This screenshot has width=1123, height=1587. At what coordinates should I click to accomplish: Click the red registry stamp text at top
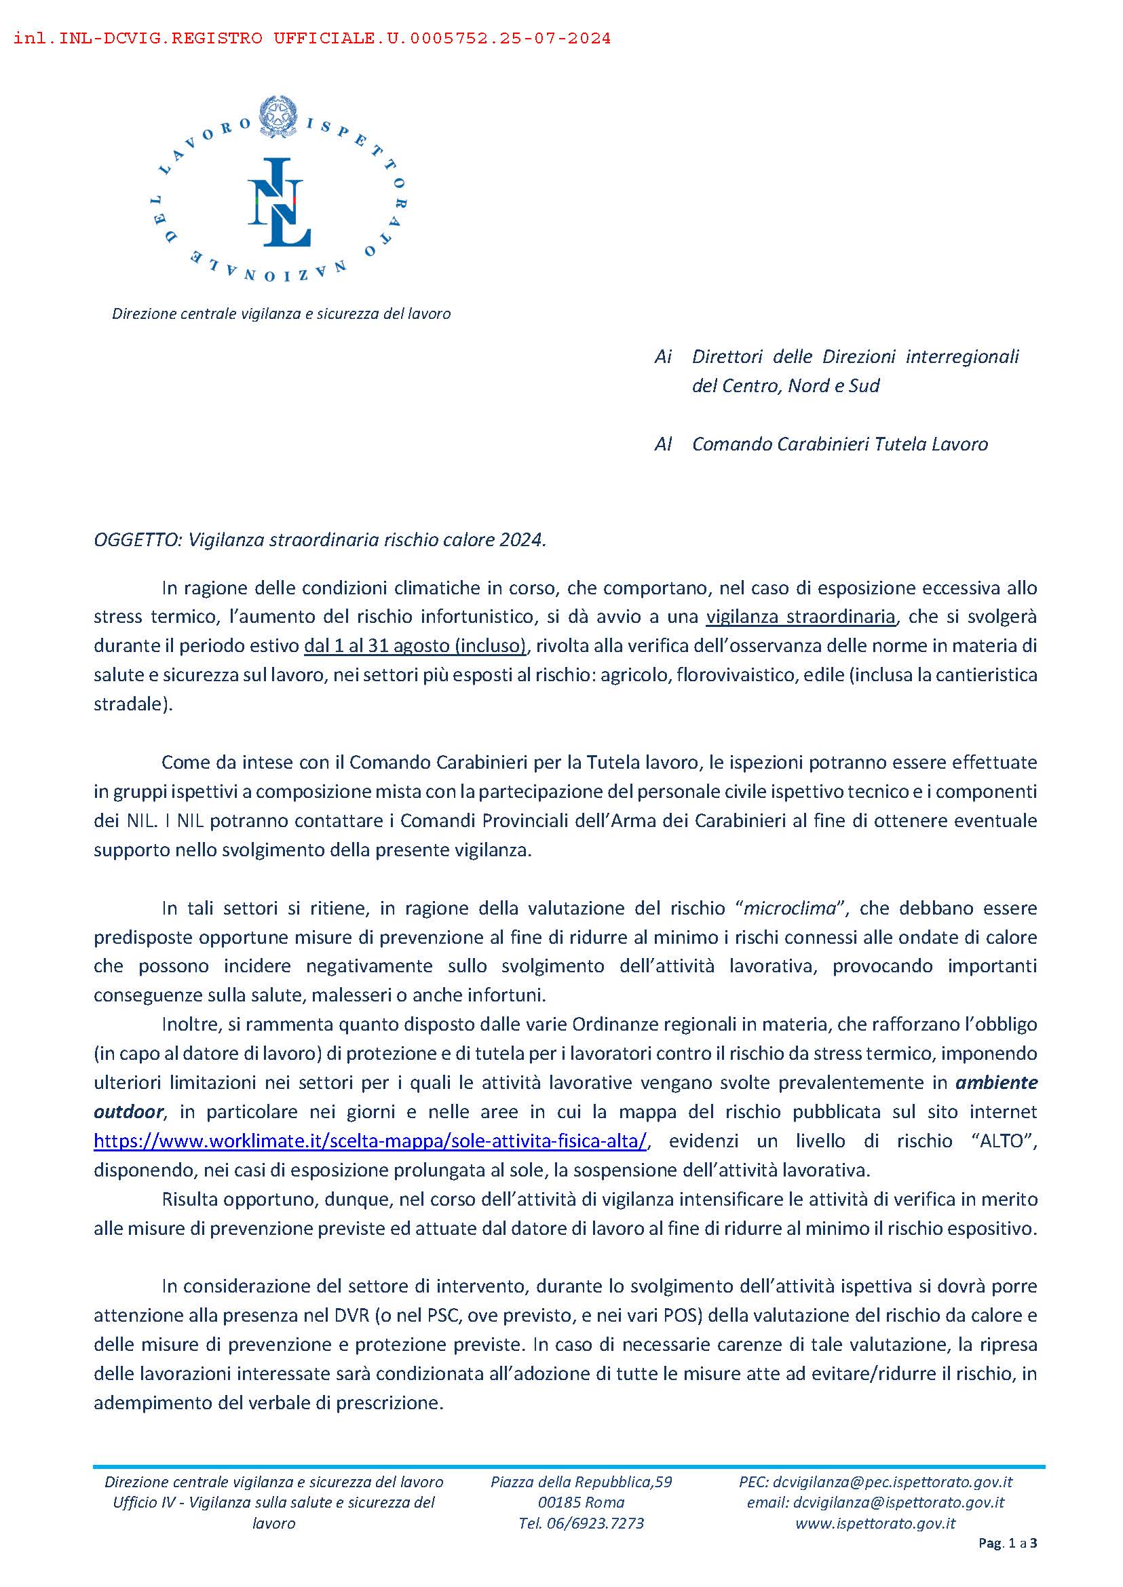[x=312, y=39]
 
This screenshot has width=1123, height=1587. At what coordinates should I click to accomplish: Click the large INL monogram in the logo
[x=280, y=202]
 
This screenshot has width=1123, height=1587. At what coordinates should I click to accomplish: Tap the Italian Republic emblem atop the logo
[x=278, y=115]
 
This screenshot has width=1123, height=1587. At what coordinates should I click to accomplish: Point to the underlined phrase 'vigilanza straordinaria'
[x=801, y=616]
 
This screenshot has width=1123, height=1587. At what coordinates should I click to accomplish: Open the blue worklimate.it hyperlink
[x=370, y=1141]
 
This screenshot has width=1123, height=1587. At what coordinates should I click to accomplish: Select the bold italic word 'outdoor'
[x=129, y=1111]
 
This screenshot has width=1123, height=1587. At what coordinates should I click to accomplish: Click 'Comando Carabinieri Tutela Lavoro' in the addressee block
[x=840, y=444]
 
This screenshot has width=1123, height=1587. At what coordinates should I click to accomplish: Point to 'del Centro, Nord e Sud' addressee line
[x=786, y=385]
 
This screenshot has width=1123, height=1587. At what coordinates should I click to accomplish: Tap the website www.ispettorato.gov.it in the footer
[x=875, y=1523]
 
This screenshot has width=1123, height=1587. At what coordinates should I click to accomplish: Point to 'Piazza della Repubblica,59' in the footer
[x=582, y=1481]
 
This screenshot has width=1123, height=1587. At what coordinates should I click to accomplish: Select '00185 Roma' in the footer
[x=582, y=1502]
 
